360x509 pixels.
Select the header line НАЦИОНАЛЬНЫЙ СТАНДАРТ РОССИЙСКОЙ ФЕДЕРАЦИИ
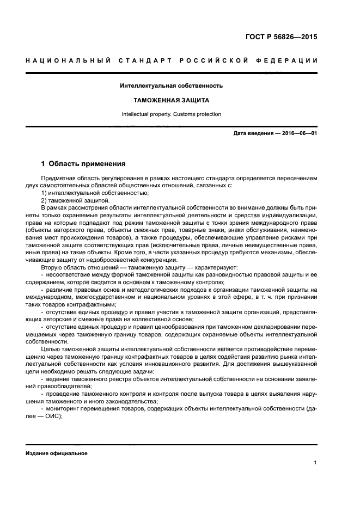(x=172, y=60)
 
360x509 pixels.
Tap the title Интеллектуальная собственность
(x=172, y=85)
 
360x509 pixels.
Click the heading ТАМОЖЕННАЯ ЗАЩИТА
(x=172, y=101)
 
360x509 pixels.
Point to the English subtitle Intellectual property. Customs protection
(x=172, y=114)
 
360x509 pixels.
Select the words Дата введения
(x=252, y=133)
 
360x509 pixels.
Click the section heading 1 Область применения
(x=84, y=163)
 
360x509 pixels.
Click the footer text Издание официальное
(x=57, y=453)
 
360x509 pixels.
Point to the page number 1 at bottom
(x=315, y=463)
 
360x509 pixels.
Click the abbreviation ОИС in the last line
(x=53, y=416)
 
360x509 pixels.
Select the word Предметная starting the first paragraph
(x=57, y=178)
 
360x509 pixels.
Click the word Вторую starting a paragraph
(x=53, y=267)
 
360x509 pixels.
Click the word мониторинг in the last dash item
(x=64, y=408)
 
